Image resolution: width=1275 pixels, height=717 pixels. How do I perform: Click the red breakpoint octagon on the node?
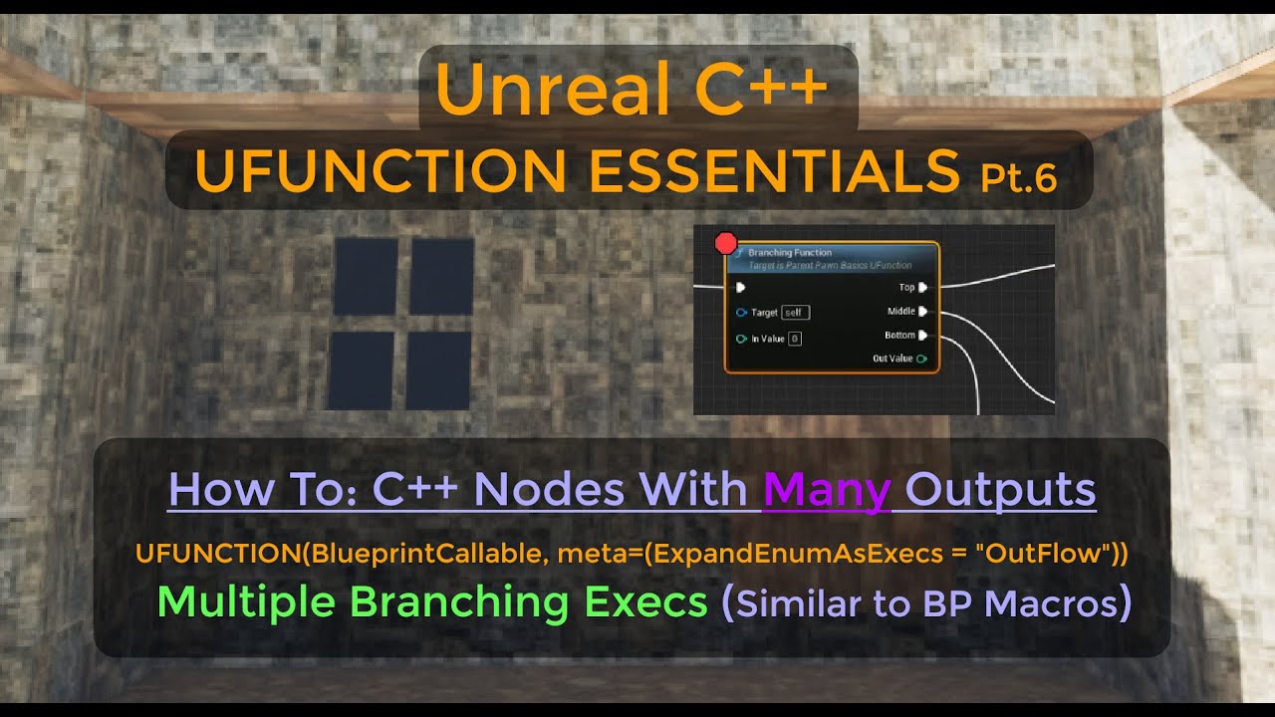726,243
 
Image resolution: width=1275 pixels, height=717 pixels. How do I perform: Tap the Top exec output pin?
923,288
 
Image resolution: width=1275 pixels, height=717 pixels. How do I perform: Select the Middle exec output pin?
923,312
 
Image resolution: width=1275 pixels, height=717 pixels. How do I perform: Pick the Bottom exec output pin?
923,336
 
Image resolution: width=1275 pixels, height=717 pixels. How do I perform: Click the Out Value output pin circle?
921,358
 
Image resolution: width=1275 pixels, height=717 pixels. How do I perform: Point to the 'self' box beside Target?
795,313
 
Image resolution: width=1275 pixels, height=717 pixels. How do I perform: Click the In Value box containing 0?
795,339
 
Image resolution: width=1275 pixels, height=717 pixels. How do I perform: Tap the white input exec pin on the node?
740,288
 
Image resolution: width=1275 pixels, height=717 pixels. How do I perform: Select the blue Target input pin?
741,313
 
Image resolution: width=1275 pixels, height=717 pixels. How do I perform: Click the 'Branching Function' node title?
789,253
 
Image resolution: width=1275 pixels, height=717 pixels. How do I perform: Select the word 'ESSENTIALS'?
775,171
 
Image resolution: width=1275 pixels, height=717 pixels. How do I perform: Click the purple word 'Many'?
826,490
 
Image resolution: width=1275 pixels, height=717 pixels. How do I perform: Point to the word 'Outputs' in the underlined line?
1002,490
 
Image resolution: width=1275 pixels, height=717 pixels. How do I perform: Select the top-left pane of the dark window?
366,277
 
